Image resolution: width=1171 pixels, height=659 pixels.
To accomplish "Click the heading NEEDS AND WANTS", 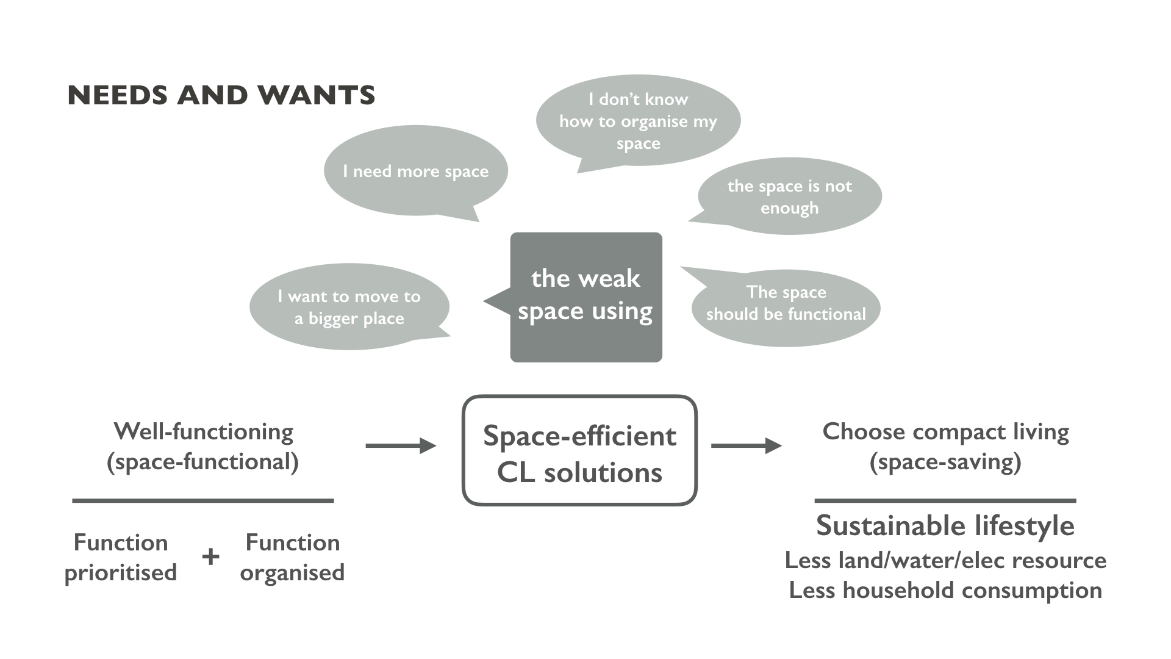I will (221, 95).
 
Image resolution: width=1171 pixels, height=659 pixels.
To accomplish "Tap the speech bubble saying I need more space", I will (415, 171).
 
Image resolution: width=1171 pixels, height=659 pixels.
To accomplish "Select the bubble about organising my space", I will (638, 121).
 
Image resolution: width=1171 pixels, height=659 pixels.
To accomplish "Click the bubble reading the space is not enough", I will (789, 196).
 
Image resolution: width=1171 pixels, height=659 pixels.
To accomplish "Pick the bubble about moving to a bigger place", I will (349, 307).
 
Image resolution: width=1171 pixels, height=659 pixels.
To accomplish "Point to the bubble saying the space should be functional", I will (786, 308).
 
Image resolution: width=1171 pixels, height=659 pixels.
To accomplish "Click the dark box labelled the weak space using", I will (585, 297).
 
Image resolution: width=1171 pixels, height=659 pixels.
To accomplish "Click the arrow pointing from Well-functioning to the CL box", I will (400, 446).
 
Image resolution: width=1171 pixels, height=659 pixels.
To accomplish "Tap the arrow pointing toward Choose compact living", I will (746, 446).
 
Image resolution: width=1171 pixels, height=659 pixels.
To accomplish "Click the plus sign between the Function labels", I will (210, 556).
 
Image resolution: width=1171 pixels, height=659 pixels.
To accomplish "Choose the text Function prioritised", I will (121, 557).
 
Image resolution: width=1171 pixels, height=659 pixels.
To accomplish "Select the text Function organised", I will (292, 557).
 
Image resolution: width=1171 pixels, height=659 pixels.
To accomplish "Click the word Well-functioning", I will (203, 431).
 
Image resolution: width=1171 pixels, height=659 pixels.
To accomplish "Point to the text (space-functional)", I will (203, 462).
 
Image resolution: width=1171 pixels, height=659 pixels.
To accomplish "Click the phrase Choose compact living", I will (945, 431).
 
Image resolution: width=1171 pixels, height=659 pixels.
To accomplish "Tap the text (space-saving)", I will (945, 462).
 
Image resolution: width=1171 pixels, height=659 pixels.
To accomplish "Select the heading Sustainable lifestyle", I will (945, 525).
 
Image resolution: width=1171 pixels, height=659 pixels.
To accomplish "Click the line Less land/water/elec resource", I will (945, 560).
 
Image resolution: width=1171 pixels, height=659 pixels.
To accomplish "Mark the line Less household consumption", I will (945, 590).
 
